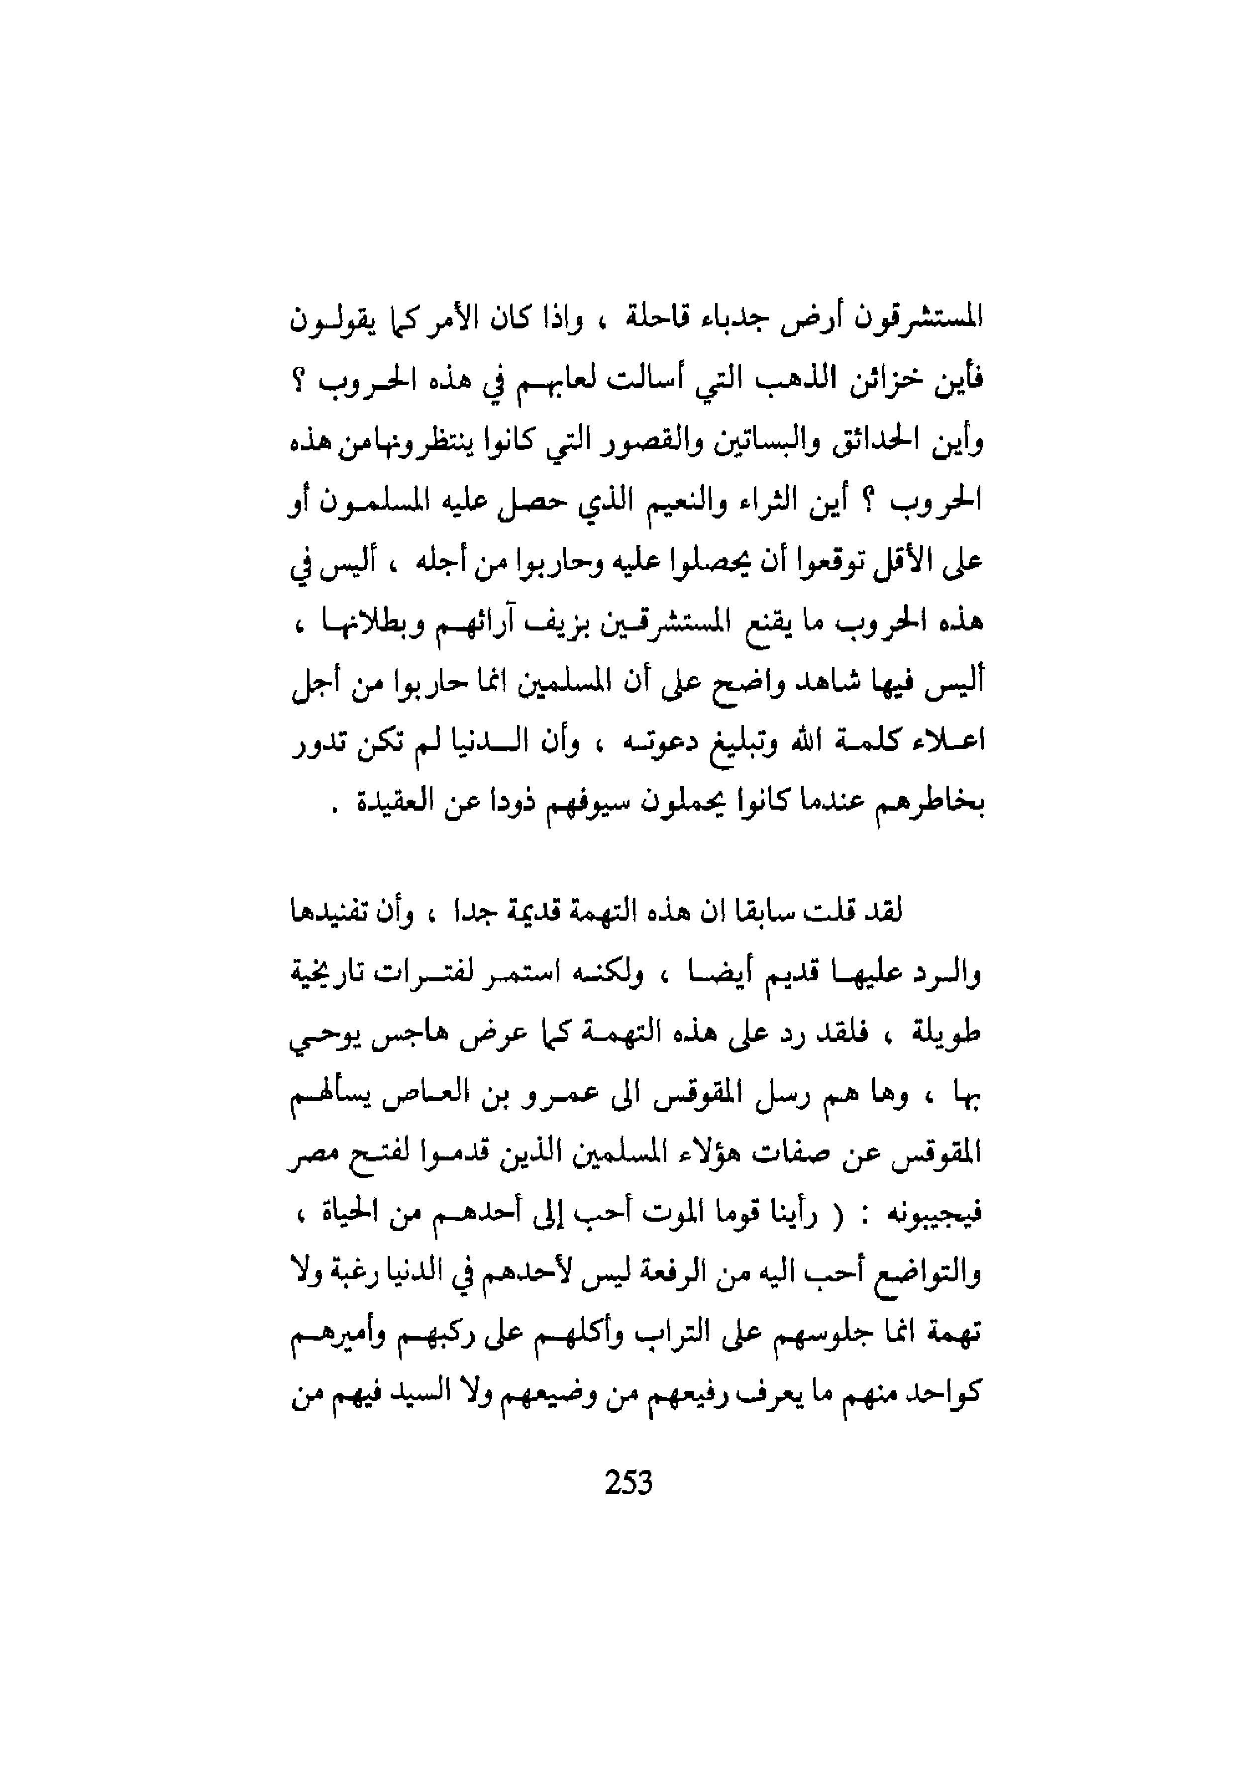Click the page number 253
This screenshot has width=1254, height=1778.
point(628,1483)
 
